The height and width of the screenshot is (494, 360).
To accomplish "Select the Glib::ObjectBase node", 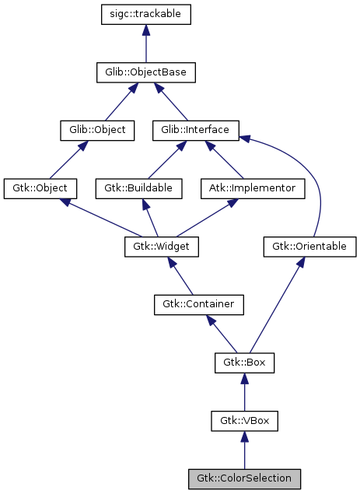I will (x=145, y=72).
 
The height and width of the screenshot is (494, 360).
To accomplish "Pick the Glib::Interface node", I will (x=195, y=130).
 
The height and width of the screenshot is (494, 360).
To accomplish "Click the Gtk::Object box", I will (x=40, y=188).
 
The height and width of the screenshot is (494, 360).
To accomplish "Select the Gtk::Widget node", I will (x=162, y=247).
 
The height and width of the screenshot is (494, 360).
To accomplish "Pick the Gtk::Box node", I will (x=244, y=363).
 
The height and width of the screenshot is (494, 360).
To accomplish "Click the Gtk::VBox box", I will (x=244, y=421).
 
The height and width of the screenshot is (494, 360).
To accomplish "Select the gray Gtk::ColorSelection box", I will (x=244, y=478).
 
